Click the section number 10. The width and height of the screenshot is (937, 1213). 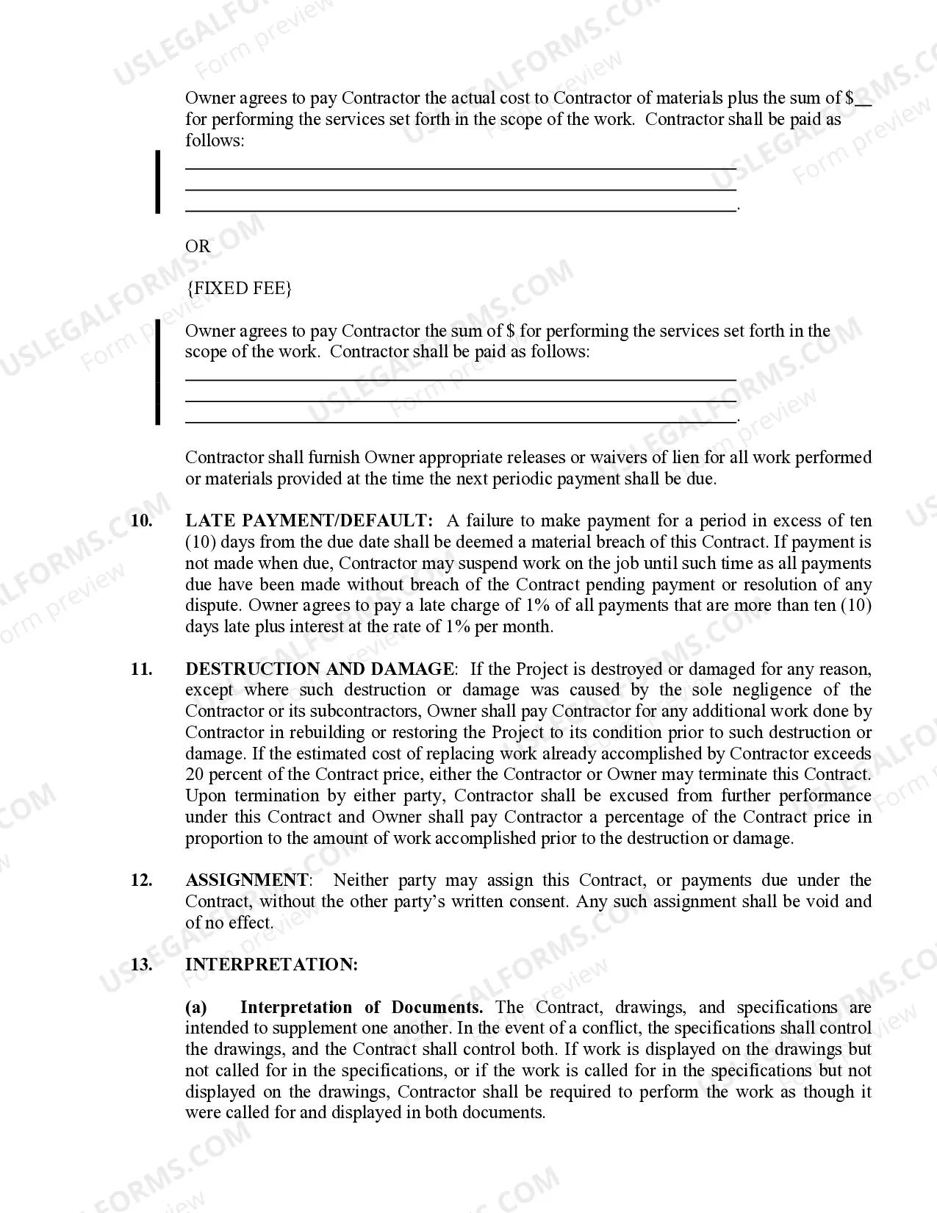pyautogui.click(x=142, y=521)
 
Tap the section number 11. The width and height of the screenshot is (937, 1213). pyautogui.click(x=142, y=669)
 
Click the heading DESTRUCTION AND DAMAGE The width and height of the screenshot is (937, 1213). pyautogui.click(x=320, y=669)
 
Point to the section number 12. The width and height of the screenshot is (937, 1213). pyautogui.click(x=142, y=881)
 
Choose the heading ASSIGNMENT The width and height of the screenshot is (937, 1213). pyautogui.click(x=247, y=881)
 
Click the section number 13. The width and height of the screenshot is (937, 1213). pyautogui.click(x=142, y=965)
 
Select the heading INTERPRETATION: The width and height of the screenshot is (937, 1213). pyautogui.click(x=272, y=965)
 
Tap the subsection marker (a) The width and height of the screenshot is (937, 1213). pyautogui.click(x=196, y=1008)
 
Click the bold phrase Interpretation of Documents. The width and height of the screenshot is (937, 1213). pyautogui.click(x=361, y=1008)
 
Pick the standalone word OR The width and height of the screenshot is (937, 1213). pyautogui.click(x=198, y=246)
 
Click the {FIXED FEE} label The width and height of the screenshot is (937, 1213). pyautogui.click(x=239, y=288)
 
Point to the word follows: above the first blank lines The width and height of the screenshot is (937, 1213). pyautogui.click(x=215, y=140)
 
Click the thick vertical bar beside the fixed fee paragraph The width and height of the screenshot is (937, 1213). pyautogui.click(x=157, y=372)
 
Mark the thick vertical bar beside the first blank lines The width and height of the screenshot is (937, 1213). pyautogui.click(x=157, y=182)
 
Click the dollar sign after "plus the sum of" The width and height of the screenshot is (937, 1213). pyautogui.click(x=850, y=99)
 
